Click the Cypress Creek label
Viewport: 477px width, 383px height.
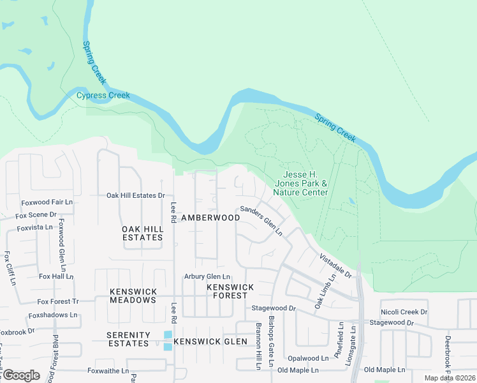(103, 96)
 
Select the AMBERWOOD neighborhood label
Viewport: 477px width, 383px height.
(210, 218)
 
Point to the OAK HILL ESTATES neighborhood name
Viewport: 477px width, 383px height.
(142, 233)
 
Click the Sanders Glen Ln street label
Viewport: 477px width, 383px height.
(261, 221)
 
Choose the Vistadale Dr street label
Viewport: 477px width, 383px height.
(335, 264)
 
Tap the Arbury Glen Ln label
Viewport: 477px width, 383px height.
(207, 276)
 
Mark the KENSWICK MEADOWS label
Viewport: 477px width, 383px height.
(133, 296)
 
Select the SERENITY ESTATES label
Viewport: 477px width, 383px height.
(128, 340)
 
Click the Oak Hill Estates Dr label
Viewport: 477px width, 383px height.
(135, 195)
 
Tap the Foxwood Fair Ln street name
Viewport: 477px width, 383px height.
(47, 202)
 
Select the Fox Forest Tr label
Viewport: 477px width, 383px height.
(57, 301)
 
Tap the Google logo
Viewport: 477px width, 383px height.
(20, 375)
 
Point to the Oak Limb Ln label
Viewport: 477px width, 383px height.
(325, 294)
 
